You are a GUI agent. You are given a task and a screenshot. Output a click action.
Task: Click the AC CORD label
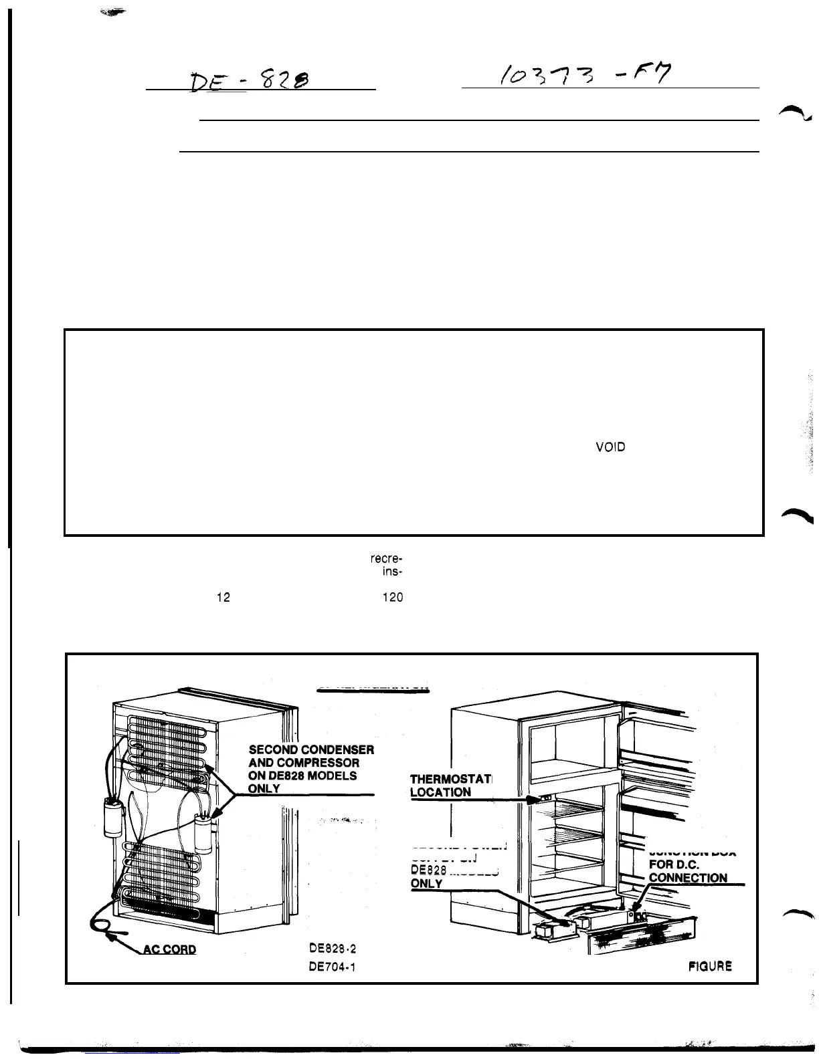click(x=170, y=949)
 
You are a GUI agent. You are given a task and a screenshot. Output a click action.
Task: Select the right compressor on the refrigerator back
click(x=201, y=827)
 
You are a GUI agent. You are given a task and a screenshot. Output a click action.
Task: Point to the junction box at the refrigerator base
click(x=636, y=916)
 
